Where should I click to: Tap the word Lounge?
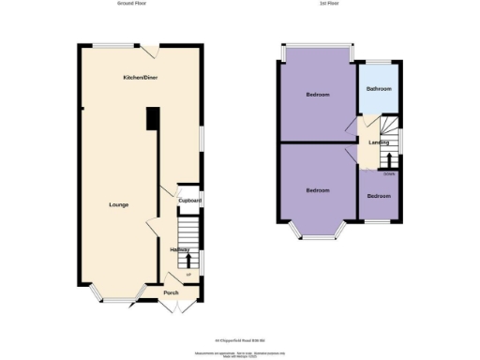118,204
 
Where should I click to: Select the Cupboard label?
191,200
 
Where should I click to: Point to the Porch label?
171,292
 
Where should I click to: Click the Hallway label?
180,249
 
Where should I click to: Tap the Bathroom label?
379,89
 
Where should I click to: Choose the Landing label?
379,142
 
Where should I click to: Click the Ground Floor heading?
133,4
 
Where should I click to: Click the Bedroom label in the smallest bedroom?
379,196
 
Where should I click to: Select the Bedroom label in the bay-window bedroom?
318,190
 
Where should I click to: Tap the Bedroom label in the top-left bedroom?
318,95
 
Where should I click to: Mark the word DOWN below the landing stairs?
388,173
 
